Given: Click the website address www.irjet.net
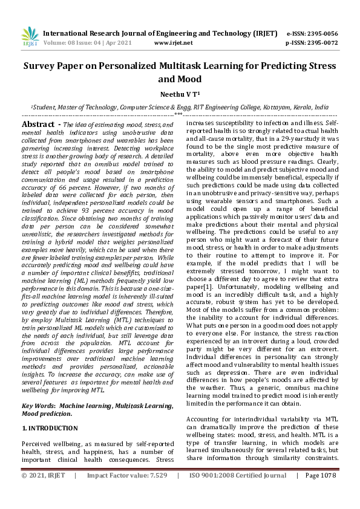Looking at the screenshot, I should tap(174, 43).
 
